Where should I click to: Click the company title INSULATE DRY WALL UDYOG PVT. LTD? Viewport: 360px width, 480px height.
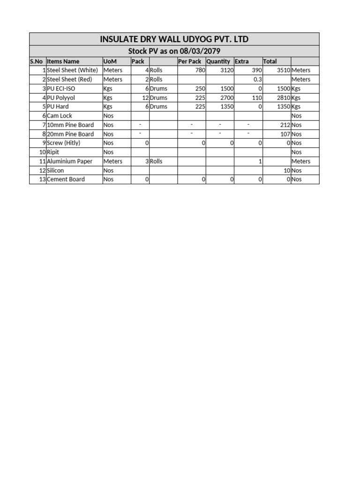(x=174, y=39)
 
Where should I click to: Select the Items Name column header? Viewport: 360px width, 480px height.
(x=63, y=61)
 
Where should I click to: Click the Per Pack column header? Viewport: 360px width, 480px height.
(x=190, y=61)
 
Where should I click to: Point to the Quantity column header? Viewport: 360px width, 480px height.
(x=218, y=61)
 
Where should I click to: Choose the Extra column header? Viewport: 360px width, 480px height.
(x=242, y=61)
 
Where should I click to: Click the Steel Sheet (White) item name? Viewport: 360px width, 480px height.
(x=73, y=70)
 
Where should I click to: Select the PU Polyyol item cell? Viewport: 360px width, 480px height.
(x=61, y=97)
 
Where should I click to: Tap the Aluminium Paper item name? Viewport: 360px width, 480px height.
(x=69, y=161)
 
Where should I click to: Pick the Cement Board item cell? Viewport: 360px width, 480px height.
(x=66, y=180)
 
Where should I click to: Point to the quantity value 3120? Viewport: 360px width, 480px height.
(x=227, y=70)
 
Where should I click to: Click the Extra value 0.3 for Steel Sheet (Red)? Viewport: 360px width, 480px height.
(x=257, y=80)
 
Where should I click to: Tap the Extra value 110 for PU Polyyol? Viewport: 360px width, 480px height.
(x=256, y=97)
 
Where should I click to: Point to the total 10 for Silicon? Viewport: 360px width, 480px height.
(x=287, y=171)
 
